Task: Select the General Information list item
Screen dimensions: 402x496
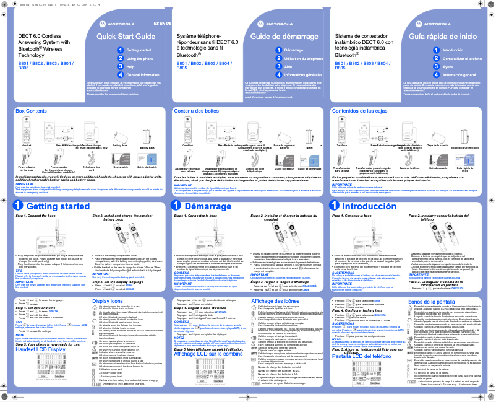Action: (143, 74)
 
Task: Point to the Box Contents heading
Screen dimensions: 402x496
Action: (31, 111)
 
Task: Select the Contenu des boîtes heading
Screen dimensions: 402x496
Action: (197, 111)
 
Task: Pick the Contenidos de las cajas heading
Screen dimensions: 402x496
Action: (360, 111)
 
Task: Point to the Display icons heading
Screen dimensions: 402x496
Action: (107, 284)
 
